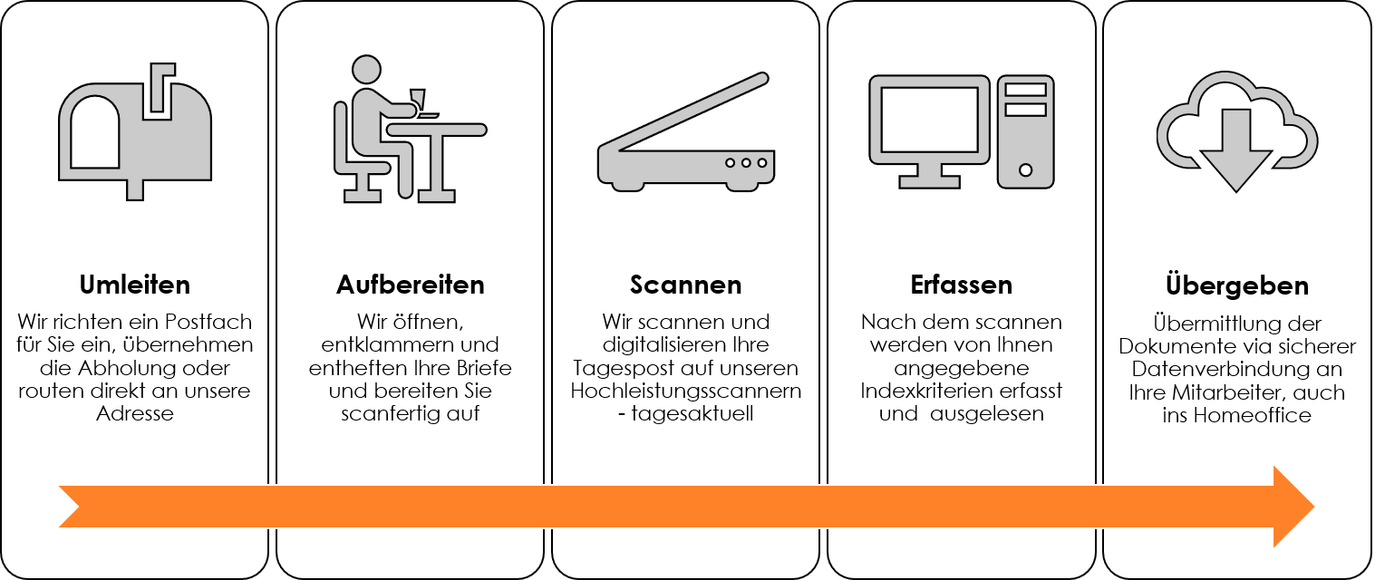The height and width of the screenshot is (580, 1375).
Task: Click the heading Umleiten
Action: [x=134, y=285]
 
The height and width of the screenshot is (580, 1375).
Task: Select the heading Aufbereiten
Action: [x=410, y=285]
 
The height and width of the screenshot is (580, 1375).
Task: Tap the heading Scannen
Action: [x=685, y=285]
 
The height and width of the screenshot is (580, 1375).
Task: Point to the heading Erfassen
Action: [x=962, y=285]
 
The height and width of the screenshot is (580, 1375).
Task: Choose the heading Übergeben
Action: [x=1237, y=285]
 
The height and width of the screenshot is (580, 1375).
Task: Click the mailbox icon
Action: [x=135, y=131]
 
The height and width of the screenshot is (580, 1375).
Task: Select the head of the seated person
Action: [x=366, y=70]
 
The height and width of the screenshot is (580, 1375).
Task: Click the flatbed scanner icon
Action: [x=686, y=132]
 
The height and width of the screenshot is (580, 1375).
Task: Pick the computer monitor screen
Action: [x=929, y=120]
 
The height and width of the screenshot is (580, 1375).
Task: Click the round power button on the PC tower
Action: [x=1025, y=170]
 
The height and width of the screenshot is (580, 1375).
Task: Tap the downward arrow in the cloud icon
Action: [x=1235, y=151]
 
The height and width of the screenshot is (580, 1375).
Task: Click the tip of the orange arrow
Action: [x=1314, y=507]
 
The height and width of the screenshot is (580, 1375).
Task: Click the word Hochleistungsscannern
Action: [x=685, y=391]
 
